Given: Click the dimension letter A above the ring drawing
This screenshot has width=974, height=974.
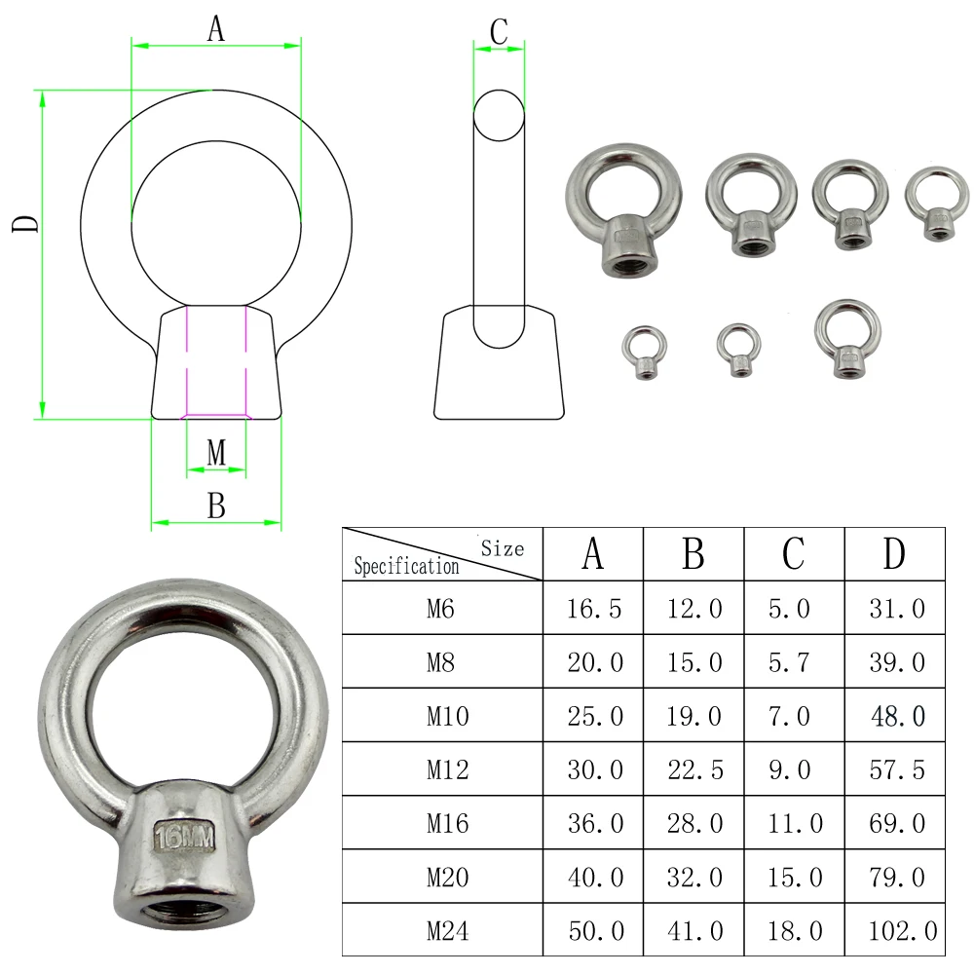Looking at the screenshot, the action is coord(215,29).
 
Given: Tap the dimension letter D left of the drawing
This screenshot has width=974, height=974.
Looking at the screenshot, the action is coord(26,224).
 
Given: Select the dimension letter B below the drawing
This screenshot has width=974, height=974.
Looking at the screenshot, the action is coord(216,506).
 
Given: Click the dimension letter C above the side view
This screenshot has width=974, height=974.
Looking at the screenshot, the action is coord(499,32).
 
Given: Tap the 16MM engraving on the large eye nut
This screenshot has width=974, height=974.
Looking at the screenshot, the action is coord(184,837).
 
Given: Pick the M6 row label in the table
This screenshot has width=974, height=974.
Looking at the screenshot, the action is coord(440,608).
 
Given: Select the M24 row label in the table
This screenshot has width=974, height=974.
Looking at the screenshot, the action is coord(447,930).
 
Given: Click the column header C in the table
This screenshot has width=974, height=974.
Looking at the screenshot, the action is coord(794,553).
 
